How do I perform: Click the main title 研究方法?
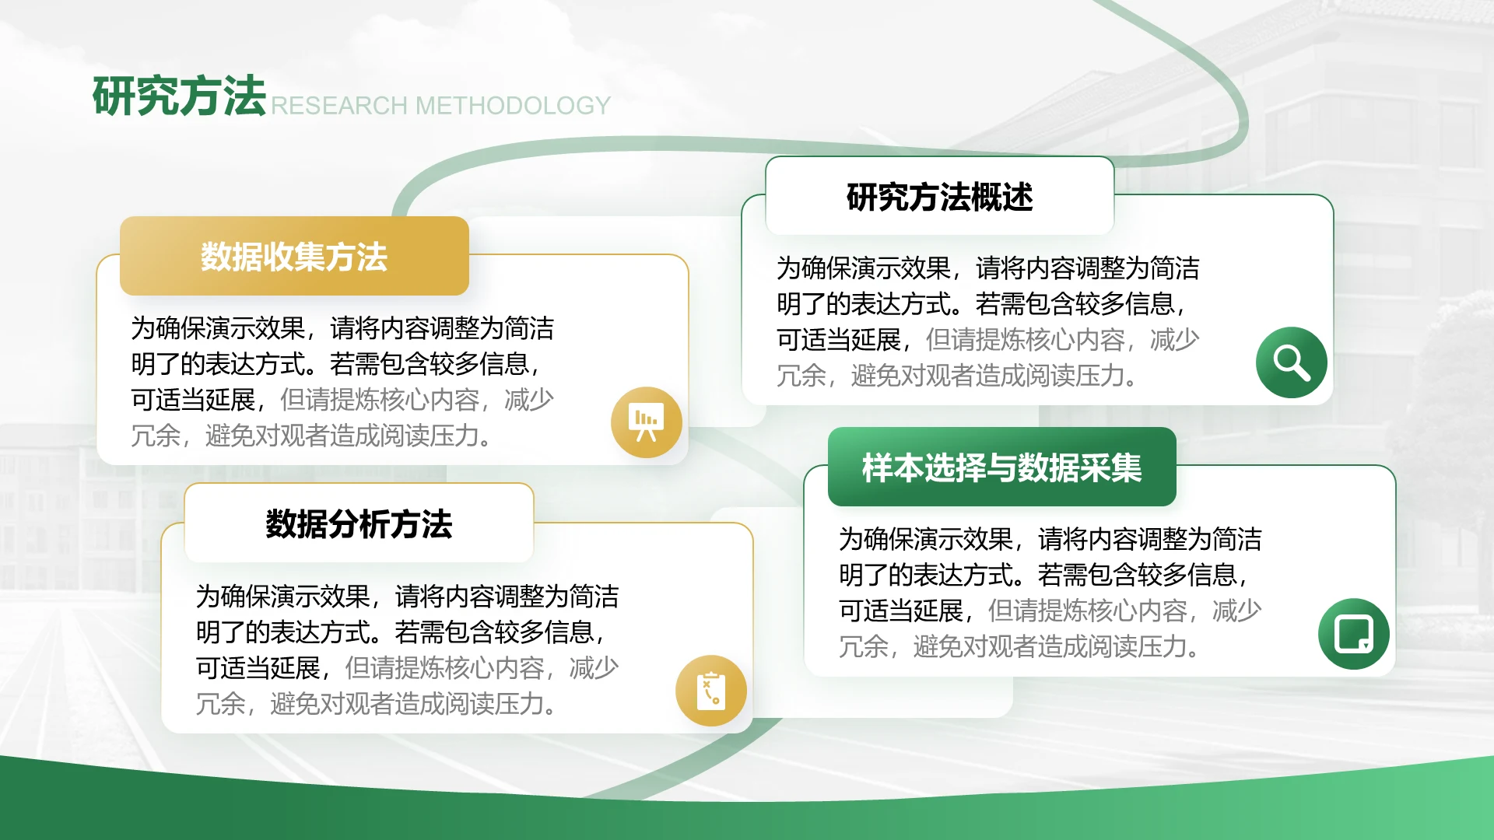pyautogui.click(x=179, y=96)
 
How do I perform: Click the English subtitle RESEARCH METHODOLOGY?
pyautogui.click(x=440, y=105)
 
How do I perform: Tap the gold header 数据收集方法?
pyautogui.click(x=294, y=256)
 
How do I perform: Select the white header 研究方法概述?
pyautogui.click(x=940, y=197)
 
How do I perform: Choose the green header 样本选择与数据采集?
pyautogui.click(x=1002, y=467)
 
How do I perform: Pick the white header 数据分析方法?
pyautogui.click(x=359, y=523)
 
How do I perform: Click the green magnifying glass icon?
pyautogui.click(x=1292, y=362)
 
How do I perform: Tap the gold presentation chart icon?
pyautogui.click(x=647, y=422)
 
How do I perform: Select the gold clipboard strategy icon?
pyautogui.click(x=711, y=691)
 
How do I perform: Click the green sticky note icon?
pyautogui.click(x=1354, y=634)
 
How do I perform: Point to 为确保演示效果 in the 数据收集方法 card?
pyautogui.click(x=218, y=328)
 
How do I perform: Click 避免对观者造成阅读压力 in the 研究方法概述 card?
pyautogui.click(x=987, y=376)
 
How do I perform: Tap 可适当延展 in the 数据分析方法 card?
pyautogui.click(x=258, y=667)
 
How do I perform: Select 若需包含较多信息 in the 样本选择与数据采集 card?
pyautogui.click(x=1138, y=575)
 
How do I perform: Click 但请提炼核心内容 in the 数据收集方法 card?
pyautogui.click(x=380, y=400)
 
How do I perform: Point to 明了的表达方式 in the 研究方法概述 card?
pyautogui.click(x=864, y=303)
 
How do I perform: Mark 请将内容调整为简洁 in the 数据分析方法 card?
pyautogui.click(x=507, y=597)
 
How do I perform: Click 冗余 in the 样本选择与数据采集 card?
pyautogui.click(x=864, y=646)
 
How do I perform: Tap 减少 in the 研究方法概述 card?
pyautogui.click(x=1175, y=339)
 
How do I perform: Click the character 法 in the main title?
pyautogui.click(x=244, y=96)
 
